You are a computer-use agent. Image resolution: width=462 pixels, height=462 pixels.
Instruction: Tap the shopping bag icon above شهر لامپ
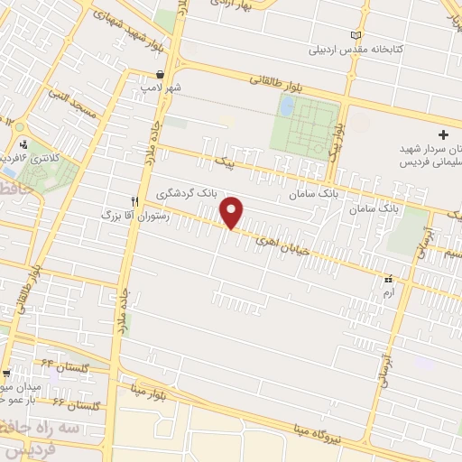tap(161, 75)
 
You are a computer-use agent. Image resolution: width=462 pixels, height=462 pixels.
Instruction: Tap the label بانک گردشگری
tap(188, 193)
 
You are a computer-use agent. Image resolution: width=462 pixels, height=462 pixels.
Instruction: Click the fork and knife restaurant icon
tap(134, 201)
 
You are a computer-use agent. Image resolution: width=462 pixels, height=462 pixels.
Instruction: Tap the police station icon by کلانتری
tap(23, 143)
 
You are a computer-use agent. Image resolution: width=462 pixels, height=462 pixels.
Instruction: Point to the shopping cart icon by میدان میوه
tap(6, 373)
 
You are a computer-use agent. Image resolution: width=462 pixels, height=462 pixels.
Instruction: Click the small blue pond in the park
tap(287, 106)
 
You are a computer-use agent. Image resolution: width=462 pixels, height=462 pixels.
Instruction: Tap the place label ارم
tap(389, 294)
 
